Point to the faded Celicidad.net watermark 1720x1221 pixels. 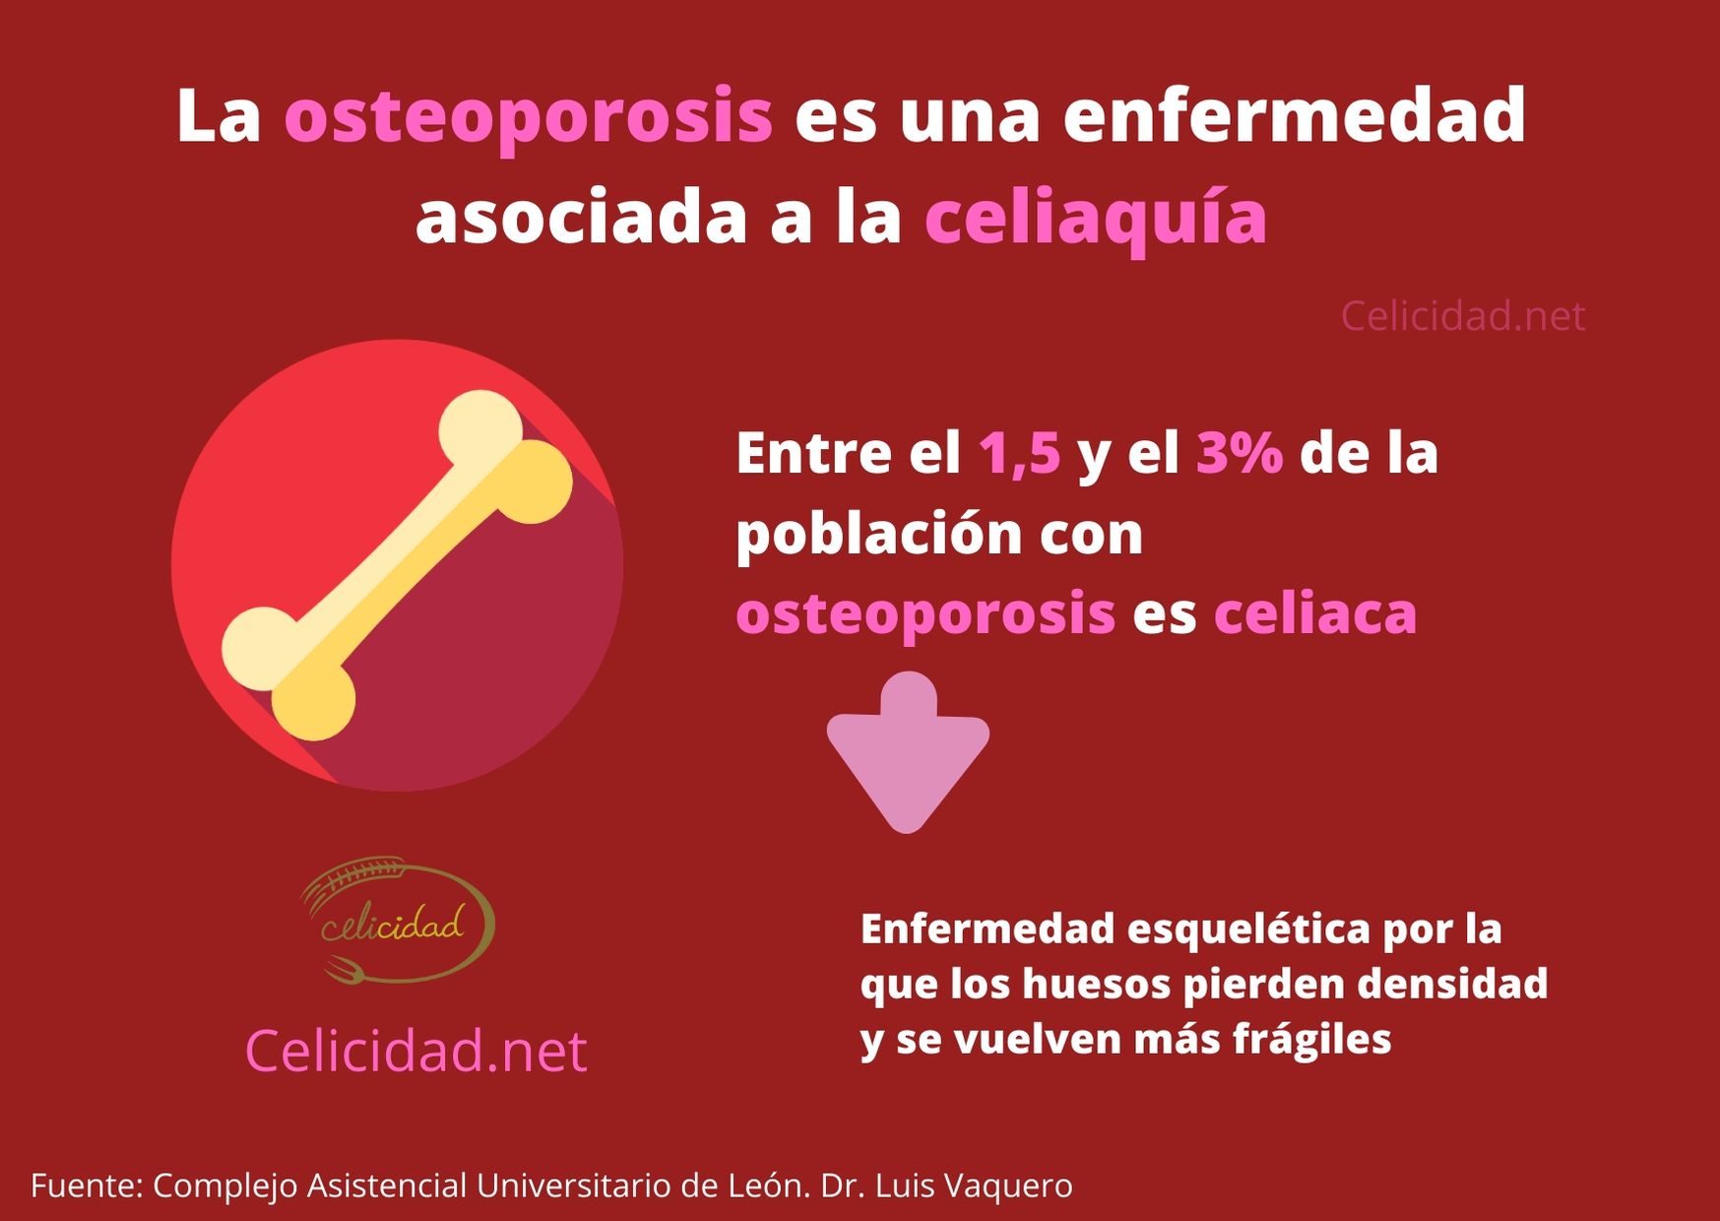pyautogui.click(x=1463, y=316)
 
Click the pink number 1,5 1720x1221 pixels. pyautogui.click(x=1020, y=453)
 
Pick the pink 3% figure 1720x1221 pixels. pyautogui.click(x=1240, y=453)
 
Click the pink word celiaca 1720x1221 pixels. pyautogui.click(x=1315, y=613)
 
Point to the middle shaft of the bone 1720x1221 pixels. pyautogui.click(x=397, y=564)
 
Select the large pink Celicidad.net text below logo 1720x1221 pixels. pyautogui.click(x=415, y=1051)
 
